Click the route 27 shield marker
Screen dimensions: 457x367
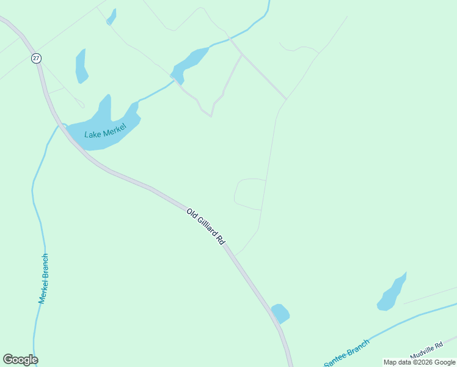(37, 58)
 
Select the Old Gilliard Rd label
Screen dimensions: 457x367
(206, 227)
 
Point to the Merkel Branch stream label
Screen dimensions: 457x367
(43, 278)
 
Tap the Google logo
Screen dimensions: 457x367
(20, 360)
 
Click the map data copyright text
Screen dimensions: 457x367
(419, 362)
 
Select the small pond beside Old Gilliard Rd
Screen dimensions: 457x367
(280, 313)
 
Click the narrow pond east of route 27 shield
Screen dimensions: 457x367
(81, 65)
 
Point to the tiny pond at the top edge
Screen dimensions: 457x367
(111, 17)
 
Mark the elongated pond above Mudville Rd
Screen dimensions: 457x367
(392, 293)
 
